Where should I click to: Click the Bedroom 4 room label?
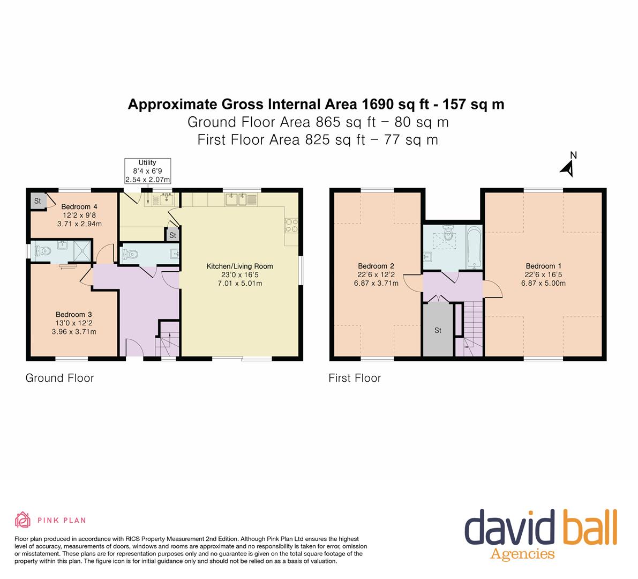(x=79, y=215)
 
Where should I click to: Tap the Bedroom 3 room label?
(x=73, y=323)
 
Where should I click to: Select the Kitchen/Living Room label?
(x=239, y=274)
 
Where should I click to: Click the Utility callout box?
(x=147, y=170)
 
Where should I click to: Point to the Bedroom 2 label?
(x=376, y=274)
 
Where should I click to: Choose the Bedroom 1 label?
(x=543, y=274)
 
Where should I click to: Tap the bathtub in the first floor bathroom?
(x=474, y=247)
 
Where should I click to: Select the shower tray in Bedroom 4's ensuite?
(x=82, y=251)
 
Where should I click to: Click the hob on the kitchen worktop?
(x=291, y=225)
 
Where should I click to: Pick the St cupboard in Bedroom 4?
(x=38, y=201)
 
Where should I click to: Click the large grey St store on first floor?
(x=438, y=329)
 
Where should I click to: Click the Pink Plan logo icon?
(x=23, y=520)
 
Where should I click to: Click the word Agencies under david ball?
(x=522, y=554)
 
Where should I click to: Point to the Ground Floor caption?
(x=60, y=378)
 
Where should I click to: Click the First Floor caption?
(x=355, y=378)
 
